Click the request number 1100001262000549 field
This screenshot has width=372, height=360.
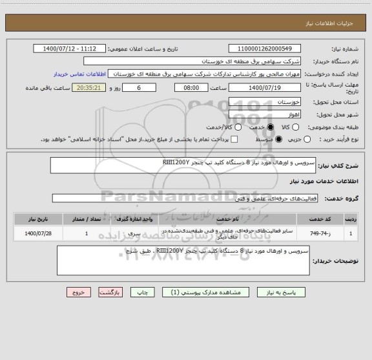tap(265, 49)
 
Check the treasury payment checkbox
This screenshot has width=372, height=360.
tap(234, 139)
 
